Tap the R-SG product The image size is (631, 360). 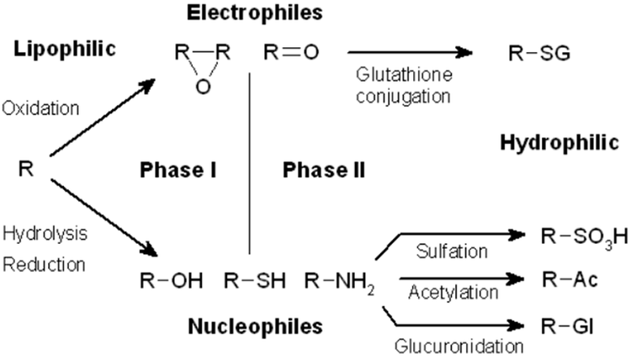tap(539, 55)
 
